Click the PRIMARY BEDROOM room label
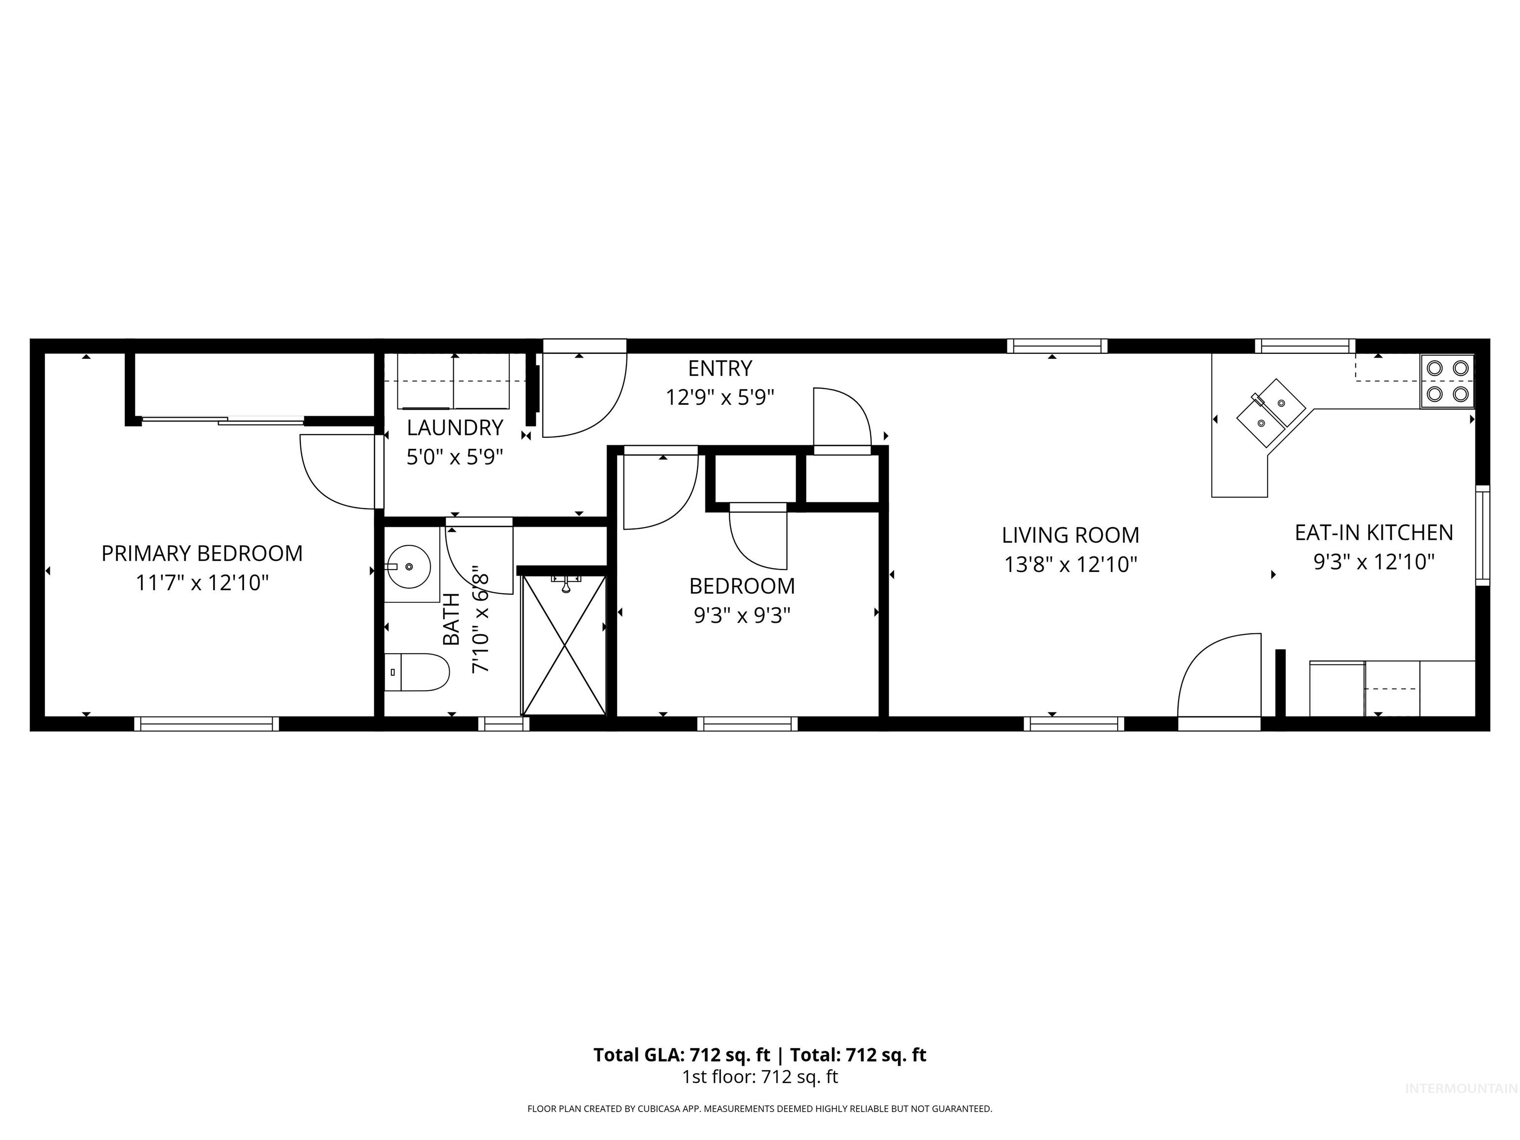click(202, 553)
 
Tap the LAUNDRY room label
click(455, 428)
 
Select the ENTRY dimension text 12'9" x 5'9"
click(720, 398)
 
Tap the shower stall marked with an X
click(564, 645)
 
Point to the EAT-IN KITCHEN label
click(1374, 532)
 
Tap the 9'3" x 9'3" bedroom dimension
click(742, 616)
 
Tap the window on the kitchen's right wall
click(1482, 535)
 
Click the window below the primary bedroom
click(206, 723)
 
